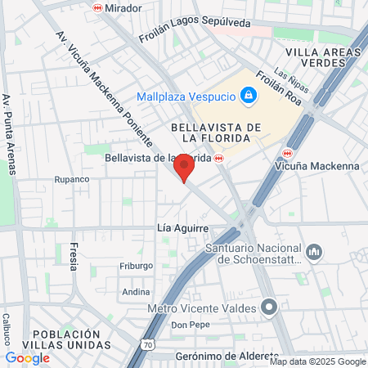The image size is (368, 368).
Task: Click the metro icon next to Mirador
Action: [x=97, y=8]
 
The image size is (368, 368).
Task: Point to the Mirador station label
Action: [x=123, y=8]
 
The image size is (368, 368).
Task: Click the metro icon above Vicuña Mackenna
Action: [x=287, y=153]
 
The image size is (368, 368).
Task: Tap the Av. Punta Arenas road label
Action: [x=10, y=134]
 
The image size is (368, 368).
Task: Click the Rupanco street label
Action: [x=70, y=179]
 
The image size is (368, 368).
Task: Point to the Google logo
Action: [x=27, y=357]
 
